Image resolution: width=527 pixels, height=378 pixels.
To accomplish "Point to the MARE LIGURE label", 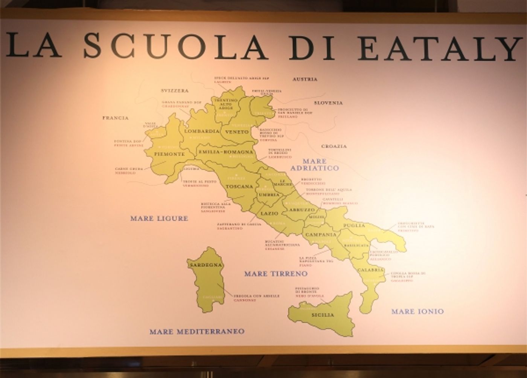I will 159,218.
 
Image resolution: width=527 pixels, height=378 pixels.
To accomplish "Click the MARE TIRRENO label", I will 276,274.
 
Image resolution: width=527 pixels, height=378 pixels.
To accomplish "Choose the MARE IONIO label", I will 417,311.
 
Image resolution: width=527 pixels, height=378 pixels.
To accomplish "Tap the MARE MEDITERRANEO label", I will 197,332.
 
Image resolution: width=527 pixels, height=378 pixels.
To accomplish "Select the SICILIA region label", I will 323,315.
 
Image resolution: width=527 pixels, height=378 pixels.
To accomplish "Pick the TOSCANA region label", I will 239,187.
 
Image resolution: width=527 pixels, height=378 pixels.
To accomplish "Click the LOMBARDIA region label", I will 202,132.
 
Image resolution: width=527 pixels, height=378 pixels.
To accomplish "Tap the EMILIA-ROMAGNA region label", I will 225,152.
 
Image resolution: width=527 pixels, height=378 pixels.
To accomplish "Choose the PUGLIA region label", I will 354,226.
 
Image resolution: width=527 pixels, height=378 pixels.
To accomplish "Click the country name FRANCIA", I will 116,118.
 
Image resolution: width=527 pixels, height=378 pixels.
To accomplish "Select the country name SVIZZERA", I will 174,91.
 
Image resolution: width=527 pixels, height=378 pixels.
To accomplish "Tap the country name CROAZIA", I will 334,146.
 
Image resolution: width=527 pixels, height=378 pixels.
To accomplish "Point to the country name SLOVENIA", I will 328,103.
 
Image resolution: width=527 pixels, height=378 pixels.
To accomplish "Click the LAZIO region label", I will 270,214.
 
